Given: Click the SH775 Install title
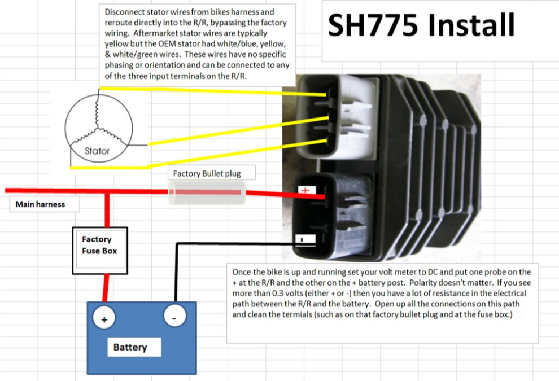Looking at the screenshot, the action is (421, 25).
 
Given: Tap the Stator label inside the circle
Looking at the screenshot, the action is (97, 151).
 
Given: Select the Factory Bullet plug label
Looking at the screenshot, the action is (207, 174).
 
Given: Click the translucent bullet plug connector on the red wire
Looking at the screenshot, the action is (207, 192).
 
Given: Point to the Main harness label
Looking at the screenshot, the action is (40, 204).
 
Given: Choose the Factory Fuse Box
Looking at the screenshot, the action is (100, 251).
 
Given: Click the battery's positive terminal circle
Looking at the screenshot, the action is (104, 318).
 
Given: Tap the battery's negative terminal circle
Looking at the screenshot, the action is (174, 316).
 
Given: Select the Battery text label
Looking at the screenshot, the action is (130, 347).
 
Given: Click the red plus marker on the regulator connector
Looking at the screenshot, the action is (305, 190).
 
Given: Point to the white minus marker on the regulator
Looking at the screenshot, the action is (305, 239).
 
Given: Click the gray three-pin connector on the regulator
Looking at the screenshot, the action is (337, 116).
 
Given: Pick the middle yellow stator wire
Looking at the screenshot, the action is (238, 131).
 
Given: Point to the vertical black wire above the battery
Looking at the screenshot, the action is (176, 273).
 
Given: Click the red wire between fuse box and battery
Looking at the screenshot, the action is (105, 288).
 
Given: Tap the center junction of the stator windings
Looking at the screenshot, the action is (97, 127).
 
